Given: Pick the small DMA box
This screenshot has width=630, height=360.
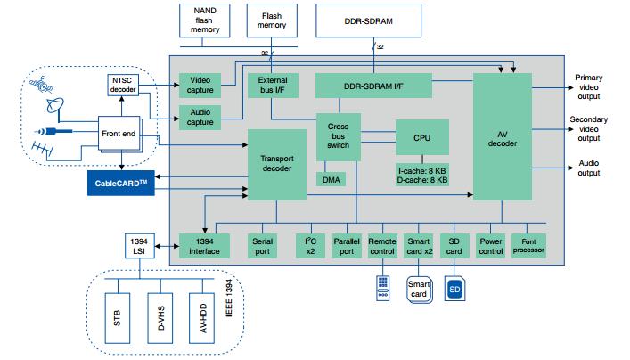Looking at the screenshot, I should (329, 178).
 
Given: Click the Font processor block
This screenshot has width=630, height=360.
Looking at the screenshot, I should (528, 246).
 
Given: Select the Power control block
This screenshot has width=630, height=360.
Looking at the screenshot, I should (491, 246).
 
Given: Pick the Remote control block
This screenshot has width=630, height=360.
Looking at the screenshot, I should (381, 246).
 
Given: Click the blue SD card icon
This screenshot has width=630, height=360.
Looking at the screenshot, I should (454, 289).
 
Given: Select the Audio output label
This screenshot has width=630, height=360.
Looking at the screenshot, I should (589, 168).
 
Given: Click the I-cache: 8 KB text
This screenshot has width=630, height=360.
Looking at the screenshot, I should (423, 168).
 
